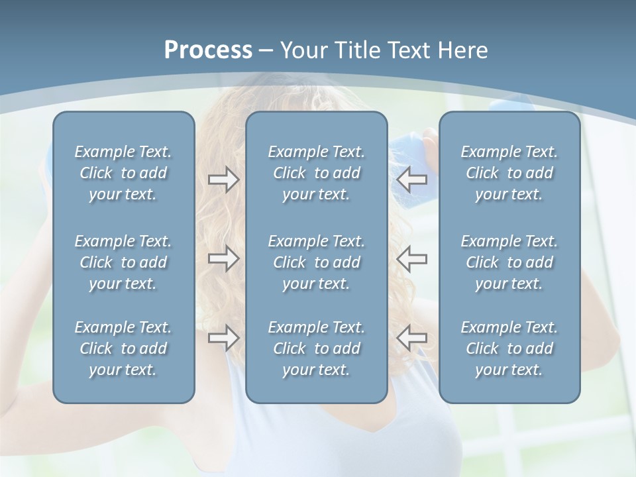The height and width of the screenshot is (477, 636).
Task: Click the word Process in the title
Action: [208, 50]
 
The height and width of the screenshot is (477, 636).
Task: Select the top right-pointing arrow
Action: [224, 180]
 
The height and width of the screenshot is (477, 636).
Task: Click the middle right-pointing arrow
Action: [224, 258]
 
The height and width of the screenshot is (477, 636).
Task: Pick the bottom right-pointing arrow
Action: [224, 338]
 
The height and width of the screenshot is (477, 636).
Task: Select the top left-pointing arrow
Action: [412, 180]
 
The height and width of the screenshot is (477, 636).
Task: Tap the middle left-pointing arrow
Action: [412, 258]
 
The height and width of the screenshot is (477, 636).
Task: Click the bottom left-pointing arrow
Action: [412, 338]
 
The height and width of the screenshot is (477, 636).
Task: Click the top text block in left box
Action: [123, 173]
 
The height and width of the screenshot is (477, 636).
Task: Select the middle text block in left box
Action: [123, 262]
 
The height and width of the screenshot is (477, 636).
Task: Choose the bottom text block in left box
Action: [123, 348]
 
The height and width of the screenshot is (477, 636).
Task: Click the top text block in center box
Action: [317, 173]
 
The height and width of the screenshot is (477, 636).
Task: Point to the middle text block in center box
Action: [317, 262]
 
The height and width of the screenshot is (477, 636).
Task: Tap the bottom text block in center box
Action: [317, 348]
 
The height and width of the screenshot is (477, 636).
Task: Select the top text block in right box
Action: [509, 173]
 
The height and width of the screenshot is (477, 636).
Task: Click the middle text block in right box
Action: [509, 262]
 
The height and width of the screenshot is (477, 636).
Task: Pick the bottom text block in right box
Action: [509, 348]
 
